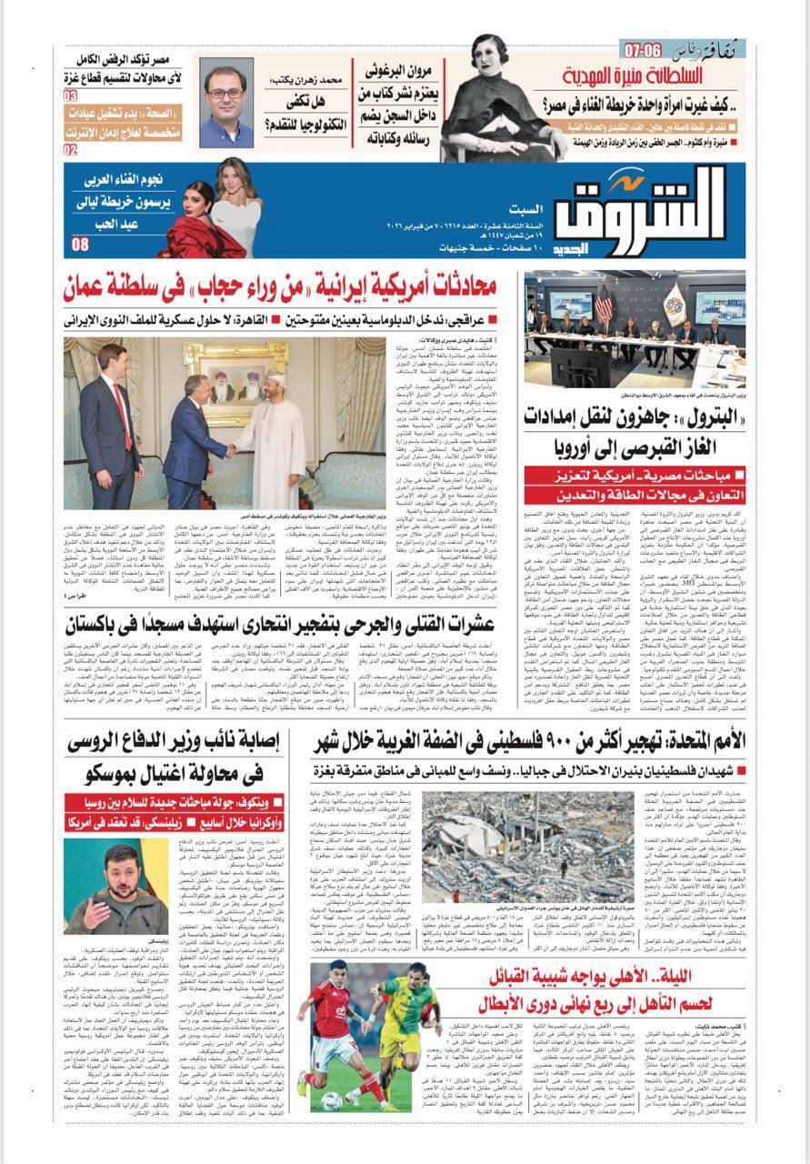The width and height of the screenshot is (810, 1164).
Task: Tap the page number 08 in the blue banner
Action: (x=81, y=244)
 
